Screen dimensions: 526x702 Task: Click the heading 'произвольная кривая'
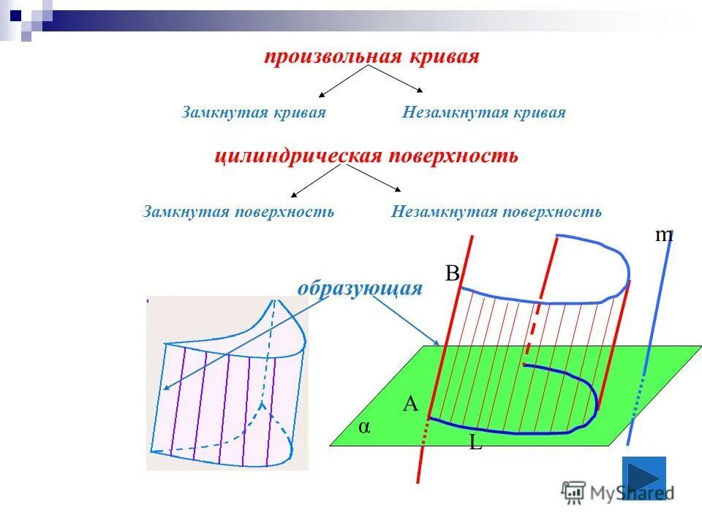pyautogui.click(x=371, y=57)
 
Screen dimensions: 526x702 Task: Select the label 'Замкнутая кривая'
pyautogui.click(x=253, y=113)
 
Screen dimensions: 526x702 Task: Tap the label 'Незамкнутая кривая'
pyautogui.click(x=483, y=113)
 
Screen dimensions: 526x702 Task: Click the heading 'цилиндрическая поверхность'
pyautogui.click(x=366, y=156)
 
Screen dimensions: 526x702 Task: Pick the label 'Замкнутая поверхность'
pyautogui.click(x=239, y=212)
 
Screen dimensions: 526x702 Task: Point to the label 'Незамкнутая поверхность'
pyautogui.click(x=497, y=212)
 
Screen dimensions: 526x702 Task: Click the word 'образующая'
pyautogui.click(x=360, y=288)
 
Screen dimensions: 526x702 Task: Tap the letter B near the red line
pyautogui.click(x=452, y=273)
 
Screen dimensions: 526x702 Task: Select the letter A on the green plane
pyautogui.click(x=410, y=404)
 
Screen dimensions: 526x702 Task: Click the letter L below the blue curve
pyautogui.click(x=475, y=442)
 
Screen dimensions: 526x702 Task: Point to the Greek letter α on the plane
pyautogui.click(x=363, y=427)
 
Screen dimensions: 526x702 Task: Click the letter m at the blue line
pyautogui.click(x=663, y=235)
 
